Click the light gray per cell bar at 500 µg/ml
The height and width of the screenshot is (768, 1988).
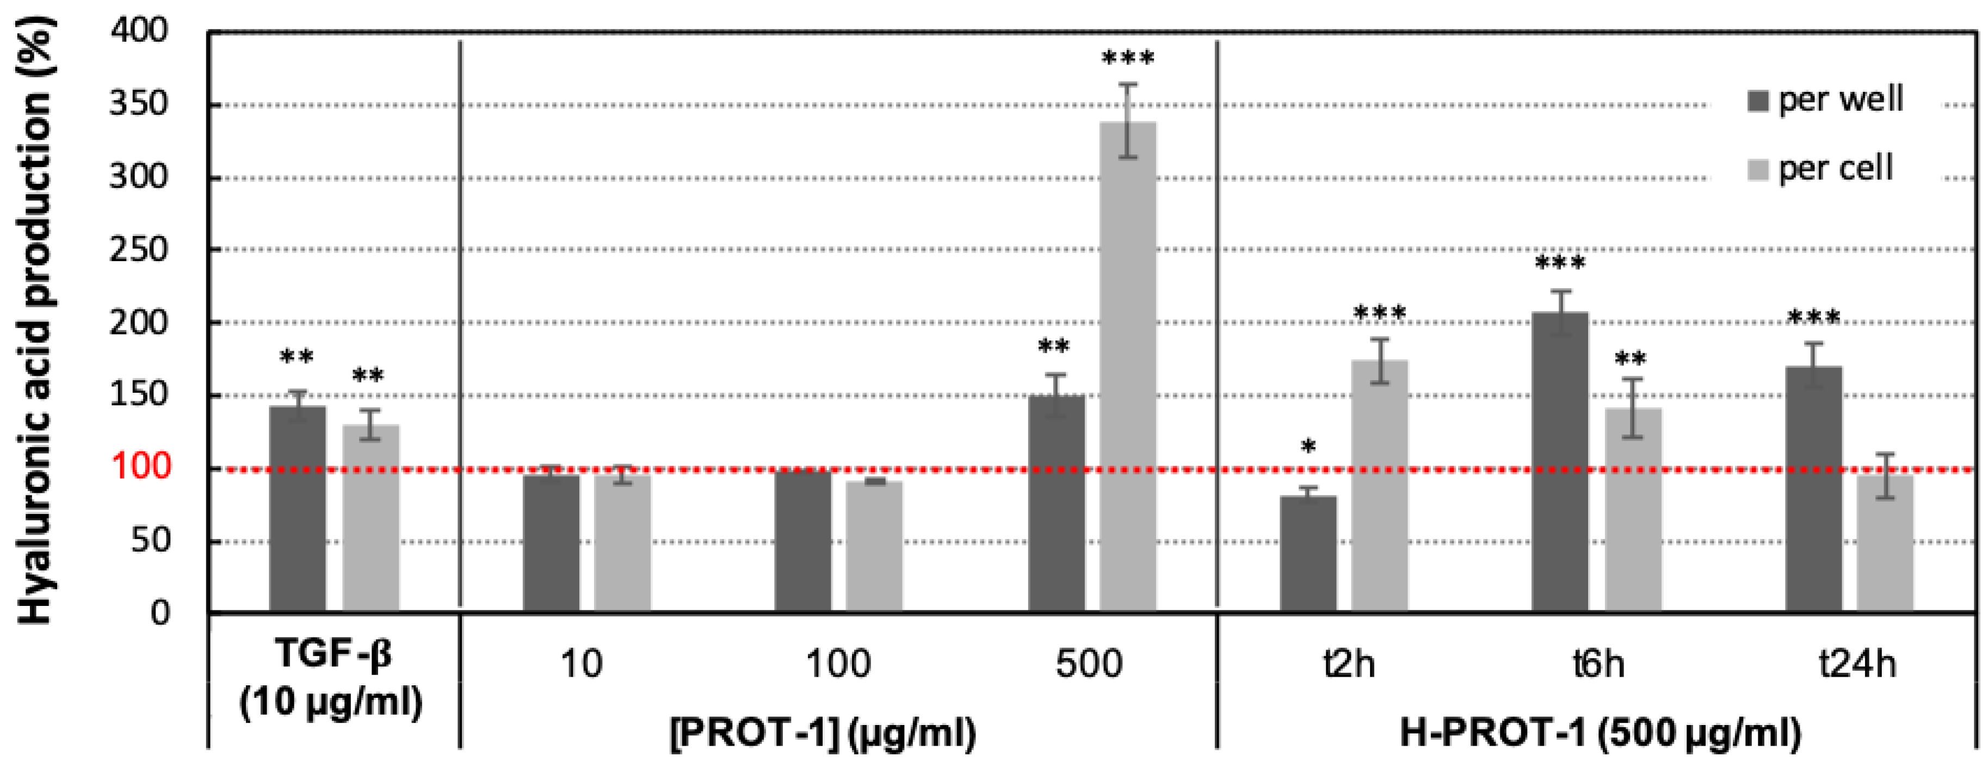1127,367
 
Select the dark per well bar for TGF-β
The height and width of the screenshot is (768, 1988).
297,510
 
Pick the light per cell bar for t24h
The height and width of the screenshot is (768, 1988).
1885,544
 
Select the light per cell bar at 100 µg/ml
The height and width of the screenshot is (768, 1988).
874,547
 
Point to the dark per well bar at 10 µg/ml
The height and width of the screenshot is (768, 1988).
551,544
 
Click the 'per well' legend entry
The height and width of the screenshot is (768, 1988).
1825,100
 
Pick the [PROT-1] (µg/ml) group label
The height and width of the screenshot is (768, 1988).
823,733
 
